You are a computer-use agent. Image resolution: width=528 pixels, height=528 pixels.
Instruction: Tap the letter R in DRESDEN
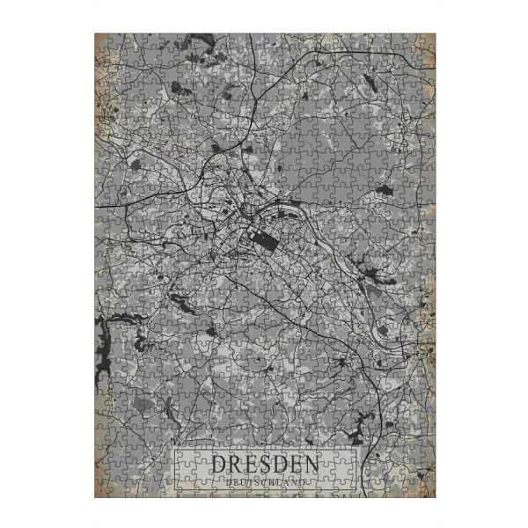(x=234, y=464)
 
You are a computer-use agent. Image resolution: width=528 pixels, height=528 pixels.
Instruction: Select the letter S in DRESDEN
(x=264, y=464)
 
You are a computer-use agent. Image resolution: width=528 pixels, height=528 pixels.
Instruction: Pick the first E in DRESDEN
(x=249, y=464)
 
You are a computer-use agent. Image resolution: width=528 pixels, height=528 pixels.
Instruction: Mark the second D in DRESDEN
(x=279, y=464)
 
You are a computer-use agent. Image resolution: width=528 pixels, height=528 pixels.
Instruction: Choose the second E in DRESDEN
(x=294, y=464)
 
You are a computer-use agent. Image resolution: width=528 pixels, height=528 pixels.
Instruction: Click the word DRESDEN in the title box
(x=263, y=464)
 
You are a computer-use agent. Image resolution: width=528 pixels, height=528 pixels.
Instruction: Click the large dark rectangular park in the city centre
(x=261, y=239)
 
